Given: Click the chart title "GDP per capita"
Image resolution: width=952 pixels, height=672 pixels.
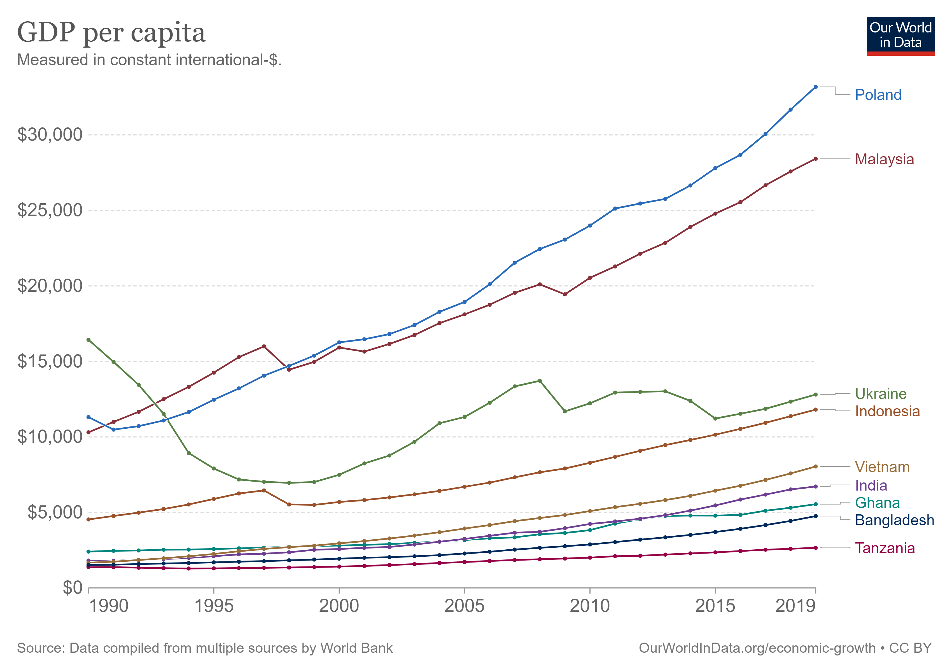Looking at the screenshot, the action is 111,33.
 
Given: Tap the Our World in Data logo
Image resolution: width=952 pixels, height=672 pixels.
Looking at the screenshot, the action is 900,36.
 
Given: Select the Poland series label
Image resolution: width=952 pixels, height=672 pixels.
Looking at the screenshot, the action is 878,95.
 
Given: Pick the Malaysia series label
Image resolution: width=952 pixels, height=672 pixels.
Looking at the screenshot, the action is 885,159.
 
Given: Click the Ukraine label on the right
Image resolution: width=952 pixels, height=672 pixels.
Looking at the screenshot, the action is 881,394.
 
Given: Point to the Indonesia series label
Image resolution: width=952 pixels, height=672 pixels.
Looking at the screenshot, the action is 887,411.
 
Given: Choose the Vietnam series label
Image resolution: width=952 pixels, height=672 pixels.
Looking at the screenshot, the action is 882,467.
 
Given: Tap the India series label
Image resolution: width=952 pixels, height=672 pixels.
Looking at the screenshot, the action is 871,486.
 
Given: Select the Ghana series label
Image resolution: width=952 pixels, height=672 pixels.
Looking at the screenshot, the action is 877,503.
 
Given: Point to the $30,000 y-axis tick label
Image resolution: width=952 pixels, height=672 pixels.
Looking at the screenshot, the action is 50,135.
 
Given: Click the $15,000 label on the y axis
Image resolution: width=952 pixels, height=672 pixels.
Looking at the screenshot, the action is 50,361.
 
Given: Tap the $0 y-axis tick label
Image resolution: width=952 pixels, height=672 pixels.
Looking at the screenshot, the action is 73,588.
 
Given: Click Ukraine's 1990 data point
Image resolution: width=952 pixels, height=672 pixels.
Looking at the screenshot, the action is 88,340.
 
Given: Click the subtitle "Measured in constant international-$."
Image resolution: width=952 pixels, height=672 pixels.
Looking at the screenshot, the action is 149,60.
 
